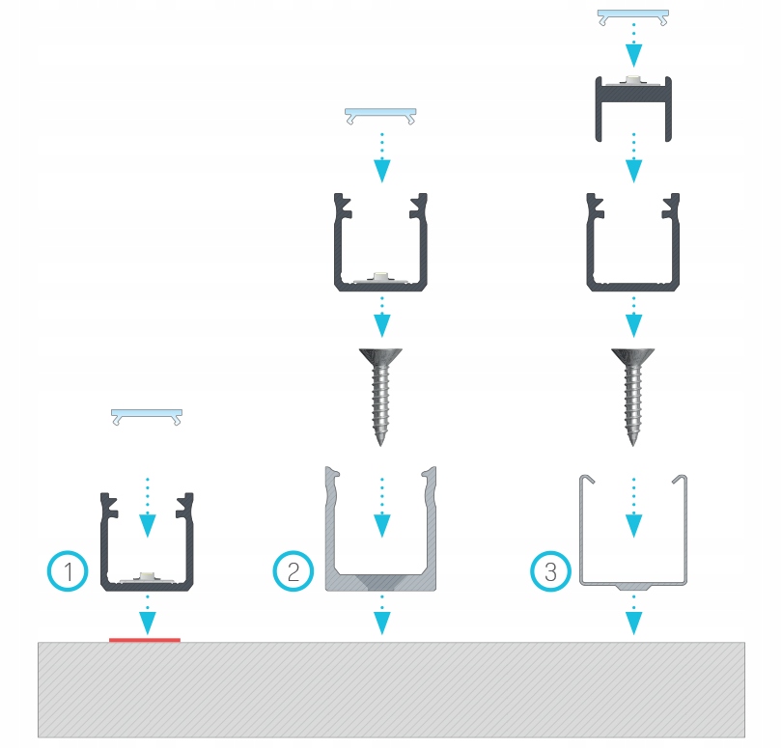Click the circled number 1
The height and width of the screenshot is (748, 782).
click(68, 571)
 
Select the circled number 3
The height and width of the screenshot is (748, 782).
click(550, 571)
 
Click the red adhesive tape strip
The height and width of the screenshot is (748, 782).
click(145, 639)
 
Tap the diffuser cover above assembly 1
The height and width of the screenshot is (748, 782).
click(147, 416)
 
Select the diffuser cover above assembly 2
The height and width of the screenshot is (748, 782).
click(381, 116)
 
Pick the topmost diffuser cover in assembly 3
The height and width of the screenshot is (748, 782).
click(632, 16)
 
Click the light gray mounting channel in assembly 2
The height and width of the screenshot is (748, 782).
click(381, 579)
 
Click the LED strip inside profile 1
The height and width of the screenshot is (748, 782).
click(147, 576)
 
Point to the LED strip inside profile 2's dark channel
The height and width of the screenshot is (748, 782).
click(381, 277)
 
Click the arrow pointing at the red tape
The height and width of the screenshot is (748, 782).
click(147, 612)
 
